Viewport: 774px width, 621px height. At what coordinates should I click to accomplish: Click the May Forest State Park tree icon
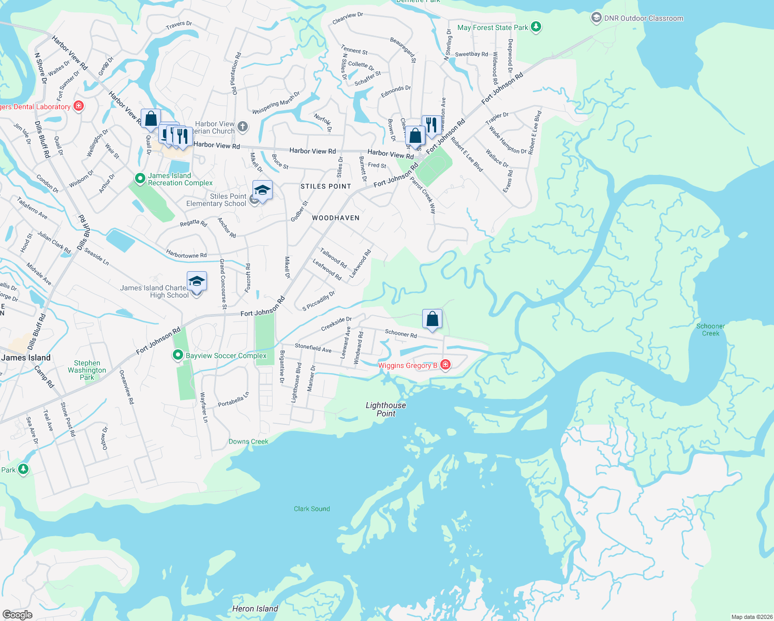tap(536, 27)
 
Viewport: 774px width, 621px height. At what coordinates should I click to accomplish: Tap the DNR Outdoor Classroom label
tap(644, 18)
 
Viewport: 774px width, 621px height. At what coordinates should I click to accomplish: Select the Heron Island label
tap(255, 609)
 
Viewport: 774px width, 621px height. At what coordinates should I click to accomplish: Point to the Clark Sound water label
tap(311, 509)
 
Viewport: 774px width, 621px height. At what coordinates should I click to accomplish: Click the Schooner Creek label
tap(710, 330)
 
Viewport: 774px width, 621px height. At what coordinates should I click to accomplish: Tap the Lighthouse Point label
tap(385, 409)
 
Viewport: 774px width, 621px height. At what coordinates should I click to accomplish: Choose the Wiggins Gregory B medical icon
tap(445, 365)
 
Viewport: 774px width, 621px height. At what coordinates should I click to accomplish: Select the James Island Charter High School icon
tap(197, 281)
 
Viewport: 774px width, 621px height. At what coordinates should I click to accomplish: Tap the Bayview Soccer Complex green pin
tap(178, 355)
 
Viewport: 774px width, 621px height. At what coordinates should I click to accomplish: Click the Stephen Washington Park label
tap(87, 370)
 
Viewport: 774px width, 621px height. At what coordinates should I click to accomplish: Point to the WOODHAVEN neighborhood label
tap(335, 218)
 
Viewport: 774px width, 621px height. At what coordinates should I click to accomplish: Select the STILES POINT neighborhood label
tap(326, 186)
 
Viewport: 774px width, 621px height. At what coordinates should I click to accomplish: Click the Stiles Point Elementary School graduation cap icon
tap(262, 190)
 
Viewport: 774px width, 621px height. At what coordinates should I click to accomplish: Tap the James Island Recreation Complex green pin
tap(140, 179)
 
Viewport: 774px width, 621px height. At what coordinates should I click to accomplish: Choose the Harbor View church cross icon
tap(242, 127)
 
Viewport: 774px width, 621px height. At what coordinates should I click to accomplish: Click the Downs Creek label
tap(248, 441)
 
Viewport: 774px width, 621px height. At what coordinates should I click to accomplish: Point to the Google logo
tap(17, 614)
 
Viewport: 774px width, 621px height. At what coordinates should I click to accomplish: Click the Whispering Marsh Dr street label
tap(276, 103)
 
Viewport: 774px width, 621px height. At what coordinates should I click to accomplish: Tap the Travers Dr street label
tap(178, 24)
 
